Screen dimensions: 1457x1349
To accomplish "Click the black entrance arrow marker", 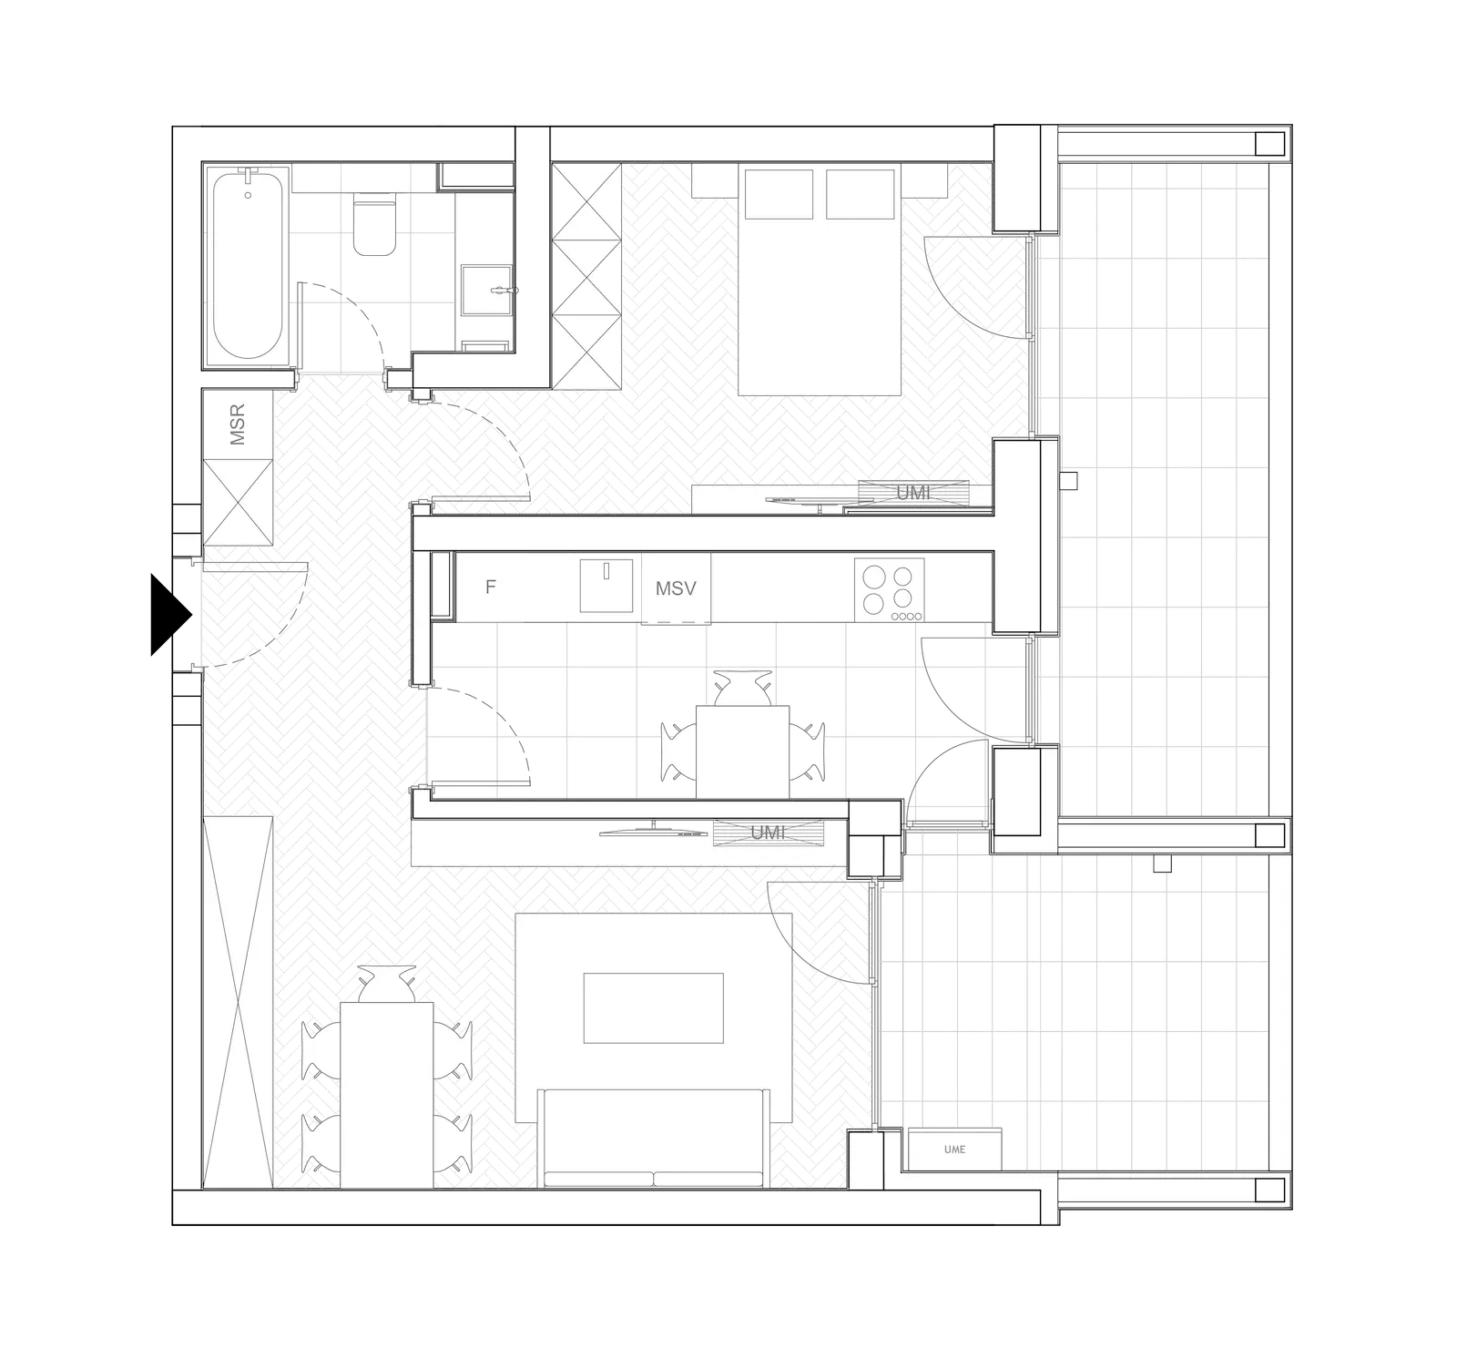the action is tap(170, 615).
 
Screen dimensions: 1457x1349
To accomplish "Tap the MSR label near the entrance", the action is tap(238, 424).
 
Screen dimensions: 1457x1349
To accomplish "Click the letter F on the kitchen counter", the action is tap(491, 587).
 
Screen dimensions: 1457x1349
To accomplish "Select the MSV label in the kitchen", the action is tap(676, 588).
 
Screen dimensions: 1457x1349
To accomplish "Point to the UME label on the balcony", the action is tap(955, 1150).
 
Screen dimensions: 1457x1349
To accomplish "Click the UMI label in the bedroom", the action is tap(913, 493).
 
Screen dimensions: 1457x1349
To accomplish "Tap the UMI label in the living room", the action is tap(768, 833).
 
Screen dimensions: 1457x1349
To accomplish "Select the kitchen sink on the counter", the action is tap(606, 586).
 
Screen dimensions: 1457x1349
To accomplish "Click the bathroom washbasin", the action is tap(488, 291).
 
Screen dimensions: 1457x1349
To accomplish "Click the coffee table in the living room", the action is tap(654, 1008).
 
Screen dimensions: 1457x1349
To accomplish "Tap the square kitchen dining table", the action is tap(742, 751).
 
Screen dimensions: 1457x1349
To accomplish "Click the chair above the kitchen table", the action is tap(742, 688).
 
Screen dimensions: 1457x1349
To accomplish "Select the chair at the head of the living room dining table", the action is tap(387, 984).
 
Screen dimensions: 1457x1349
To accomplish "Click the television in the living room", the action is tap(653, 831).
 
